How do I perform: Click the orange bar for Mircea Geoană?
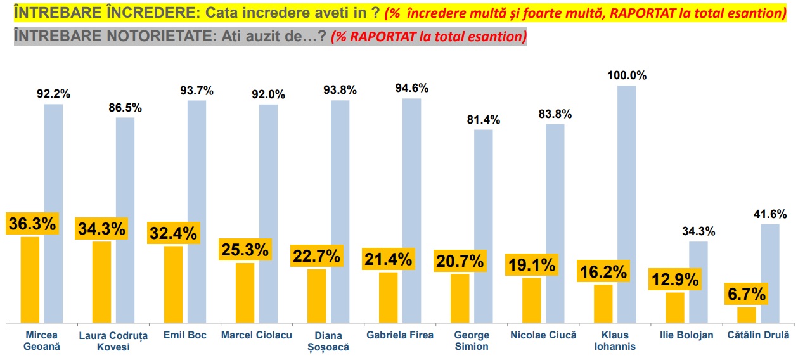tap(30, 280)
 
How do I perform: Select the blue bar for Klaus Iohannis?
tap(627, 204)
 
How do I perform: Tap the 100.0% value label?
tap(627, 75)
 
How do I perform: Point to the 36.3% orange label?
tap(32, 224)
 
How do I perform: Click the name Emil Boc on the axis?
tap(185, 335)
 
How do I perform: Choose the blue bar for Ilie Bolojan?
tap(698, 283)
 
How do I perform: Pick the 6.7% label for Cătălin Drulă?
tap(747, 294)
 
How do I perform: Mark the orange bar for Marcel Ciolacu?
tap(245, 293)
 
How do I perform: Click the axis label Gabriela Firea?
tap(400, 335)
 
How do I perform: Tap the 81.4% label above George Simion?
tap(484, 120)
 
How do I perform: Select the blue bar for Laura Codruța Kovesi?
tap(125, 220)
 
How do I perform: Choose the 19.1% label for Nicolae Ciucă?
tap(532, 265)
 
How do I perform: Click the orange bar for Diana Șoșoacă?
tap(317, 296)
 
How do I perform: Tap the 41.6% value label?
tap(770, 214)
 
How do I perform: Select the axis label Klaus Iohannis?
tap(615, 341)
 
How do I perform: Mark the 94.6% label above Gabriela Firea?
tap(412, 88)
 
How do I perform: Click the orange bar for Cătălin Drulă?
tap(747, 315)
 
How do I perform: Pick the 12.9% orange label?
tap(675, 279)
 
